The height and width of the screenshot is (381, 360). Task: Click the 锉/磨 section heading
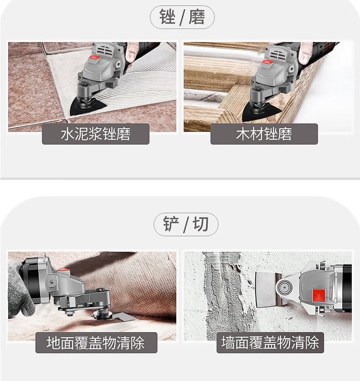tap(182, 17)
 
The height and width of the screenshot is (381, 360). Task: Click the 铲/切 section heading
tap(186, 224)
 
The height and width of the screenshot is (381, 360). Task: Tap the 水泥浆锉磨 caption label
tap(96, 134)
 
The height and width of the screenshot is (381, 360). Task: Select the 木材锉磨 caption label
tap(264, 134)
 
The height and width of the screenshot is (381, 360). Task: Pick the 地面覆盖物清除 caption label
tap(96, 343)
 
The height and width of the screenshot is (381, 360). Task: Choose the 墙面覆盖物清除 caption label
tap(270, 343)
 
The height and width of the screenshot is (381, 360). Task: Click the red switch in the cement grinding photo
tap(95, 58)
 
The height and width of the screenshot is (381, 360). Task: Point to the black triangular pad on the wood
tap(260, 113)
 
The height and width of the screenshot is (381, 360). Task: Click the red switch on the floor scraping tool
tap(64, 270)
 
